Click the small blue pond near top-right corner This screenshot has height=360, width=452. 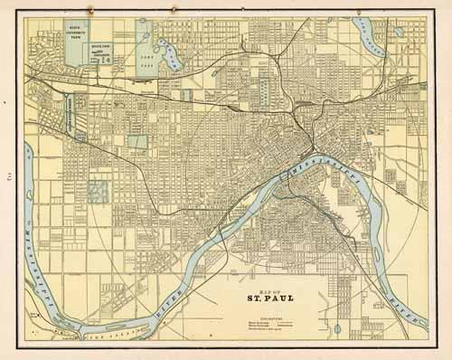[x=398, y=32]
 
